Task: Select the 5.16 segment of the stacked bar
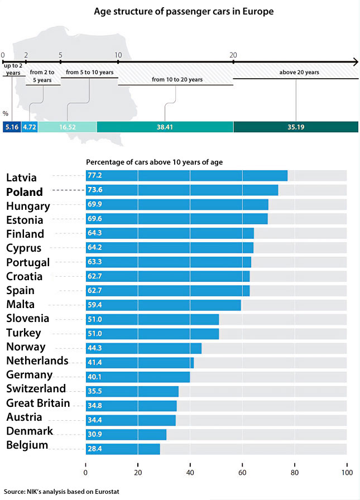pos(12,127)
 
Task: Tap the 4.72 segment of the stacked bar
pos(30,127)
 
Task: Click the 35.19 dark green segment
pos(295,127)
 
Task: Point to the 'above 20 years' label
pos(299,73)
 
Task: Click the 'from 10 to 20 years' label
pos(177,80)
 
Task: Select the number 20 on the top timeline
pos(233,55)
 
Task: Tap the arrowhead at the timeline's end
pos(353,62)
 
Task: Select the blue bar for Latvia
pos(186,176)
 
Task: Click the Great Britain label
pos(38,403)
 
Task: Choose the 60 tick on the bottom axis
pos(242,472)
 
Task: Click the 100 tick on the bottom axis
pos(347,472)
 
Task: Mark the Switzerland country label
pos(36,388)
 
